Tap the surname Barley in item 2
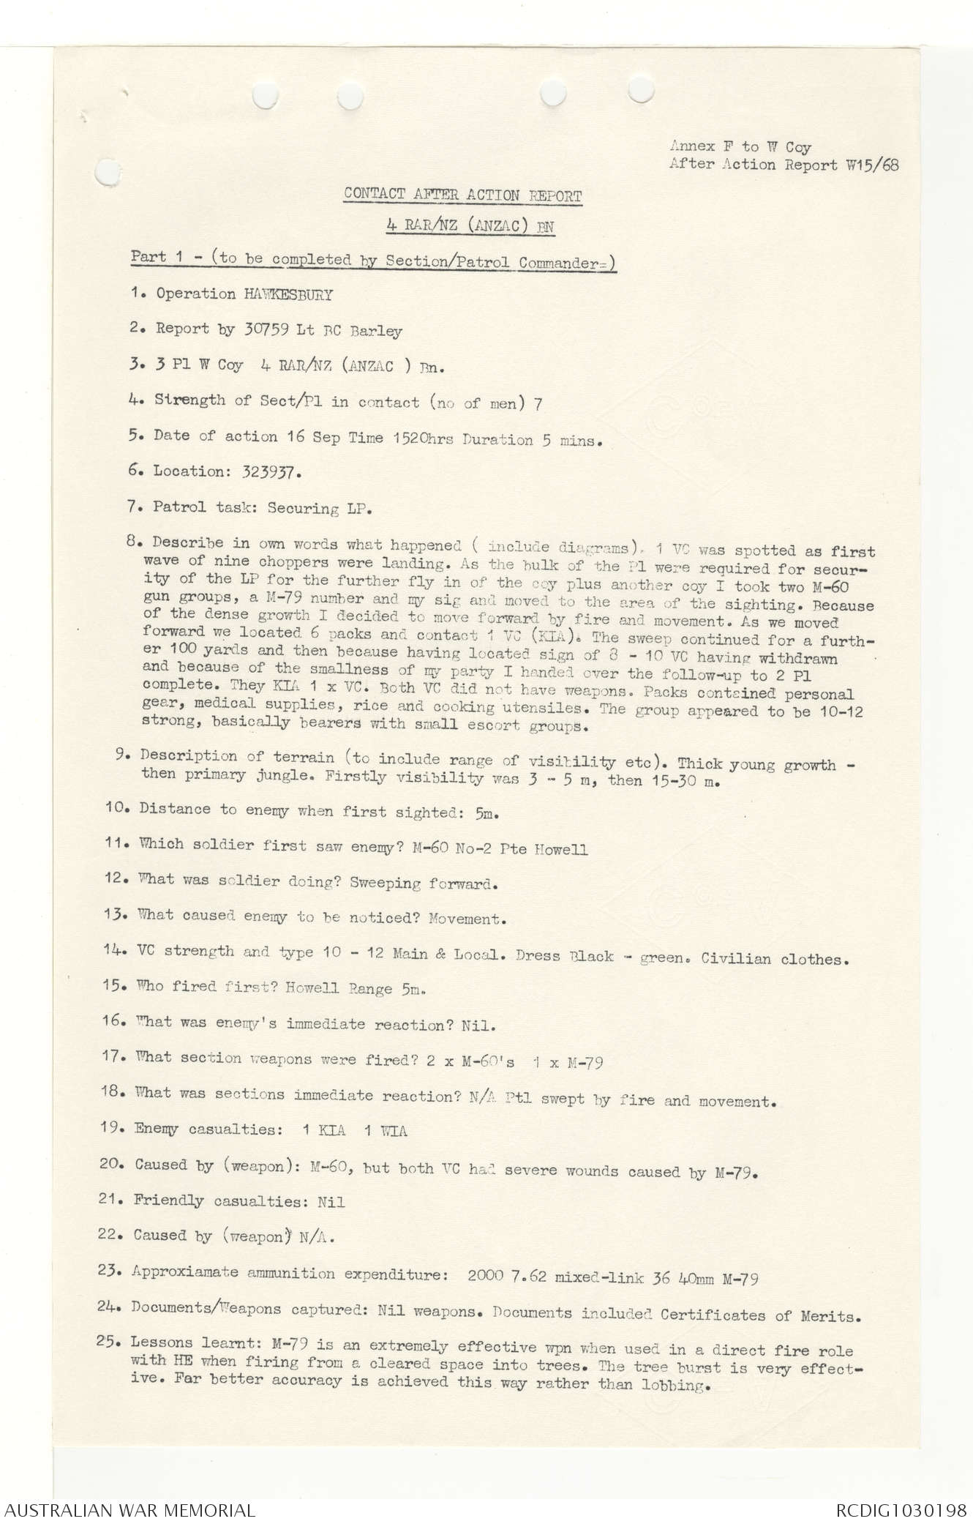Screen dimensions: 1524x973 pyautogui.click(x=375, y=331)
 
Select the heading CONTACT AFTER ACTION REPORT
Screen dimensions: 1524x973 pyautogui.click(x=462, y=195)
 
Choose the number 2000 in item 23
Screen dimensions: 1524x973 pyautogui.click(x=486, y=1277)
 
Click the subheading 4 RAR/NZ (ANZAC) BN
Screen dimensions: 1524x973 pyautogui.click(x=470, y=227)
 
